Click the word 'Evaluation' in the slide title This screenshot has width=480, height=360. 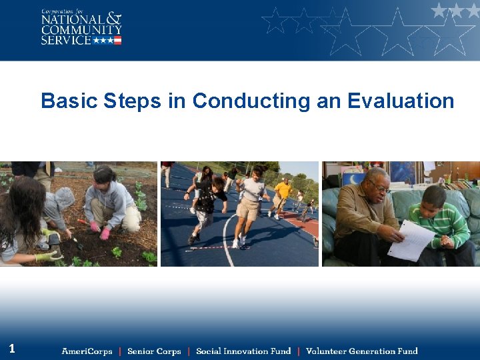click(401, 101)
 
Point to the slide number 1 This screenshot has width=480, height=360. click(12, 348)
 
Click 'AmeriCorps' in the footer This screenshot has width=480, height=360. click(87, 351)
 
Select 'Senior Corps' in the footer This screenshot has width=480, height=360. click(154, 351)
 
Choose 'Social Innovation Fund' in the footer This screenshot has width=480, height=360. click(243, 351)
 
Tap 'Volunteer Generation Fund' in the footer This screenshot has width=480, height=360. click(361, 351)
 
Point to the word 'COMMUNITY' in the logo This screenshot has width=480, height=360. click(81, 30)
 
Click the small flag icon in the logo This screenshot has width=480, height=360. click(117, 40)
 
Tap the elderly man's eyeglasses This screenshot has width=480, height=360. click(380, 189)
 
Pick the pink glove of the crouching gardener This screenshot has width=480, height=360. click(105, 233)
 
